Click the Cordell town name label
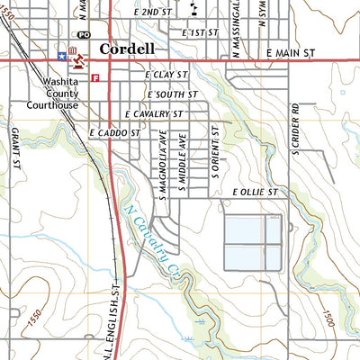[x=127, y=49]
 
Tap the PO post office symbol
[x=83, y=34]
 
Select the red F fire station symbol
[x=94, y=78]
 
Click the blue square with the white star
[x=61, y=56]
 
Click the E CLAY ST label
[x=167, y=76]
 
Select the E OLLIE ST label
[x=256, y=193]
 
